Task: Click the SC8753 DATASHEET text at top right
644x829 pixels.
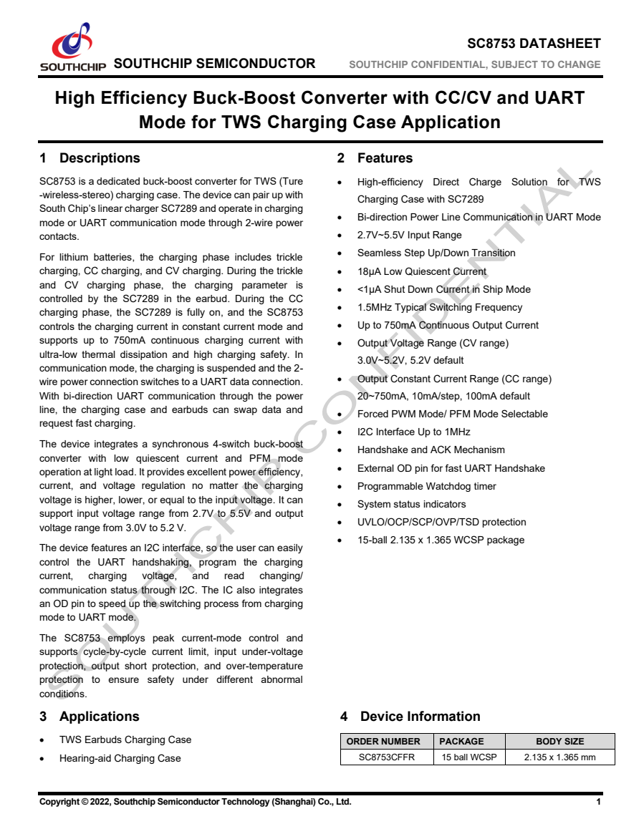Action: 534,44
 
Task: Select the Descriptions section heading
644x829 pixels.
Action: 100,158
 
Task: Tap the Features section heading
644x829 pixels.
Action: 385,158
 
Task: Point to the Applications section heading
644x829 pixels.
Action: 99,717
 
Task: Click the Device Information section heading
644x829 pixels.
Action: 420,717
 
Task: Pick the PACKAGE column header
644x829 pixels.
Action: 461,742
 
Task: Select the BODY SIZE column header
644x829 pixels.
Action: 559,742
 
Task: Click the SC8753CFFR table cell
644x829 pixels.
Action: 387,757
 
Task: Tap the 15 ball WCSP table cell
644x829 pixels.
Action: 469,757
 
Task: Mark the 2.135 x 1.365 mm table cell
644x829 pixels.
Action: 559,757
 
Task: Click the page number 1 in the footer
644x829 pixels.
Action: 598,802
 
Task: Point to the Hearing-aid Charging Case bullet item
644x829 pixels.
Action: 120,758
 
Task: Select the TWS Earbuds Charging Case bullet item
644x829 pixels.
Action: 125,740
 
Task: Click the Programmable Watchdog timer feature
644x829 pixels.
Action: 426,486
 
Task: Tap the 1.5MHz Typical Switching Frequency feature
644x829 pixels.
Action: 440,307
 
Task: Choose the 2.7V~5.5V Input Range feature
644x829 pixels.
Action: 409,235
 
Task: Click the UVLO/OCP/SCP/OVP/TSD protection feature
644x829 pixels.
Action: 441,522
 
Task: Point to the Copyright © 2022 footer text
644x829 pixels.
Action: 195,802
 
